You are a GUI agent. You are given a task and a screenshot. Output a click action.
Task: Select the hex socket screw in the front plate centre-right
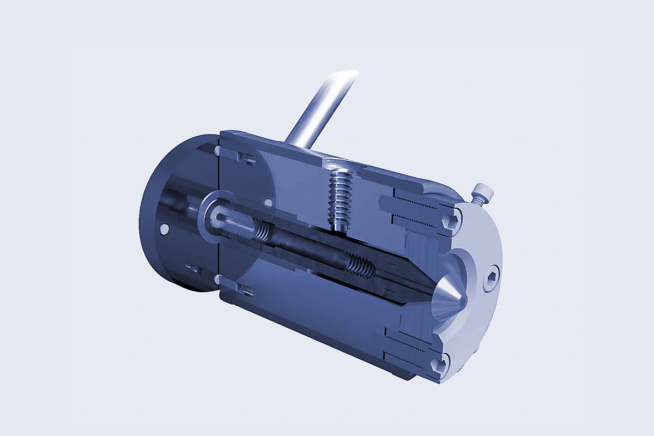coord(491,280)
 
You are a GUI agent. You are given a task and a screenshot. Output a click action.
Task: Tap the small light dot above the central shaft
coord(268,202)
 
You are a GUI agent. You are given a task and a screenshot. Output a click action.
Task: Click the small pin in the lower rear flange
coord(192,268)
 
